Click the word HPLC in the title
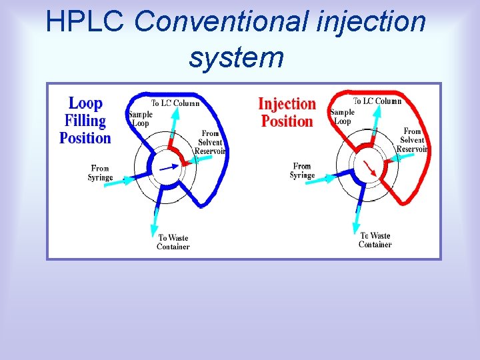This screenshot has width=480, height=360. click(85, 21)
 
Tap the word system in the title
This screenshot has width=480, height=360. click(236, 57)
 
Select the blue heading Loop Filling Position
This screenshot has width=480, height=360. click(85, 121)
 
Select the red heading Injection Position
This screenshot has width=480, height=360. click(287, 112)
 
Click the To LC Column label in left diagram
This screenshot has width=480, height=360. click(175, 103)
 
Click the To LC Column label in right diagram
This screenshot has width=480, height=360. click(377, 101)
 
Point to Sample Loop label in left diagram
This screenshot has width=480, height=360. click(141, 118)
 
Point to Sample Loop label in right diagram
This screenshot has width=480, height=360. click(342, 117)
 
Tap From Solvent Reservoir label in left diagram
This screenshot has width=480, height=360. click(210, 142)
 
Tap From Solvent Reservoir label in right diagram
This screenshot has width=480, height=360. click(412, 140)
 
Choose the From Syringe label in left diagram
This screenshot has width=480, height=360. click(100, 173)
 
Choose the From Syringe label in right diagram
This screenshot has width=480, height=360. click(302, 171)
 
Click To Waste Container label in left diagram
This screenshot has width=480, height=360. click(173, 242)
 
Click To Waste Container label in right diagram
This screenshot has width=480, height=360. click(375, 240)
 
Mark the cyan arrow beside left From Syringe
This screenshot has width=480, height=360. click(123, 178)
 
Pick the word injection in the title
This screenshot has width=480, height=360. click(373, 21)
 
